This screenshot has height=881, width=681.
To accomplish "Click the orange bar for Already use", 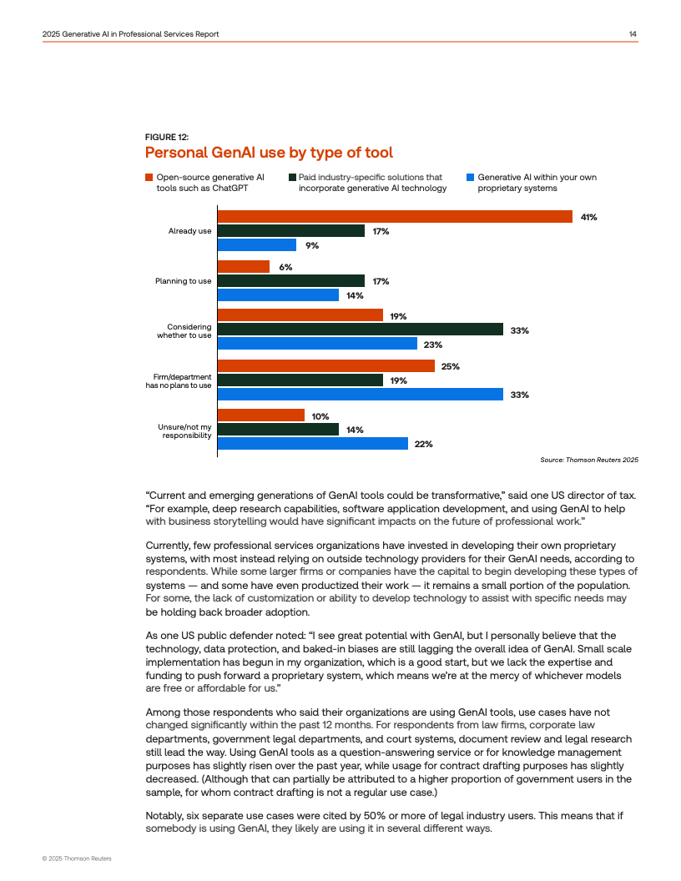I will (x=395, y=217).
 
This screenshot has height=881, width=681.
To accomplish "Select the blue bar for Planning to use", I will (x=278, y=295).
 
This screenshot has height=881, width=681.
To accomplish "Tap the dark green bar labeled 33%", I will (x=361, y=330).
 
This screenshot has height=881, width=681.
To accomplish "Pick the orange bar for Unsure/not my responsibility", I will (x=261, y=415).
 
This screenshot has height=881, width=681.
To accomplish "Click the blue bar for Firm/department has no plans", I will (x=361, y=395).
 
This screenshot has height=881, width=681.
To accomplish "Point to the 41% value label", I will (x=589, y=217).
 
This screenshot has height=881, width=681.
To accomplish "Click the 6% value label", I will (x=285, y=267).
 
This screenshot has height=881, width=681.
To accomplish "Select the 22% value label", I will (x=423, y=444).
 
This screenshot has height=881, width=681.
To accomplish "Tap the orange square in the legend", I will (x=149, y=177).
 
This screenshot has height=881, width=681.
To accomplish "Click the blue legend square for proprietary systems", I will (x=471, y=177).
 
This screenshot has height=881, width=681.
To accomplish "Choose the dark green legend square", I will (x=292, y=177).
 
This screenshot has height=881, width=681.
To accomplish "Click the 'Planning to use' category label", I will (x=183, y=281).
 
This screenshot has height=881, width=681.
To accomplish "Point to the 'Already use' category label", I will (x=189, y=231).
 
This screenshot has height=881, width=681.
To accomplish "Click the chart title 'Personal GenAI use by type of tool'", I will (x=269, y=153).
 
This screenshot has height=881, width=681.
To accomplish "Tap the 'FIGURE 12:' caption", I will (x=167, y=136).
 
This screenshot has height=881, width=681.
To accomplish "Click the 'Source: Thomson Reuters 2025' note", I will (x=589, y=460).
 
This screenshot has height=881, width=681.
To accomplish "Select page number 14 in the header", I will (x=633, y=33).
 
